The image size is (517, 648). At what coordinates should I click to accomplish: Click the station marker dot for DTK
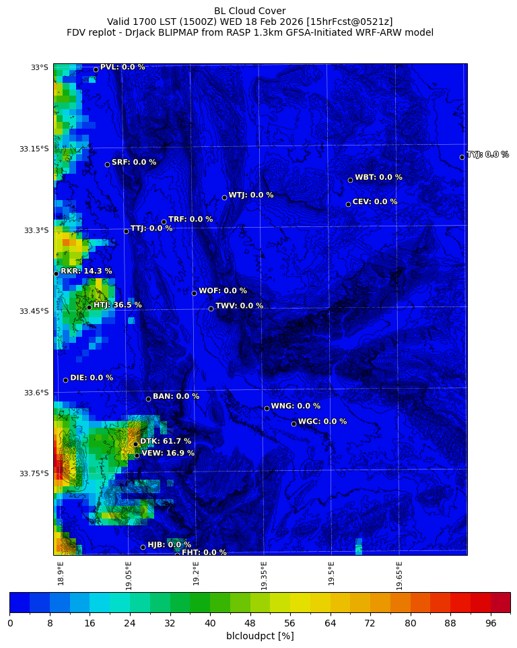tap(135, 444)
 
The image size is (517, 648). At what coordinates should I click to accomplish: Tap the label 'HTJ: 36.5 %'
tap(117, 305)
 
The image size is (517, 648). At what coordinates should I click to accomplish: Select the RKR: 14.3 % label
tap(86, 271)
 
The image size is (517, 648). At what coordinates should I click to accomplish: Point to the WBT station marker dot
tap(350, 180)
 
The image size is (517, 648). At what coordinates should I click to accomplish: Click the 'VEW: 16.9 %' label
tap(168, 453)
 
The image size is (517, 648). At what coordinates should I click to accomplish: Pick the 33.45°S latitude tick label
tap(34, 311)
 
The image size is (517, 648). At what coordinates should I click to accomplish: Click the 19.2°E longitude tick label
tap(197, 573)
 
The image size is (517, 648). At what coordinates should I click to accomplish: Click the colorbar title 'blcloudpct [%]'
tap(260, 636)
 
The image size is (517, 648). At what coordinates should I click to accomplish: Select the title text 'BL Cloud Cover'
tap(250, 11)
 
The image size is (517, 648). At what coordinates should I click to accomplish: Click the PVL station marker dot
tap(96, 69)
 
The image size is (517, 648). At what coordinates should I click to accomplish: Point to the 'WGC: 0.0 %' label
tap(322, 422)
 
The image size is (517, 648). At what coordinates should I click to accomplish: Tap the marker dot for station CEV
tap(348, 204)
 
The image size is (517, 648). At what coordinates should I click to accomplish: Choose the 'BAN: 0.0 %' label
tap(176, 397)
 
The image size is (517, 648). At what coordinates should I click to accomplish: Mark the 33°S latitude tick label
tap(39, 67)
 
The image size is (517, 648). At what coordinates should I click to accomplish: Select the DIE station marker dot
tap(65, 380)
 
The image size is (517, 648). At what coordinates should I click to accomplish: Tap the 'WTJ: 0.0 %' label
tap(251, 195)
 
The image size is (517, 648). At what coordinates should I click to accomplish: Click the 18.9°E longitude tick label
tap(61, 573)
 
